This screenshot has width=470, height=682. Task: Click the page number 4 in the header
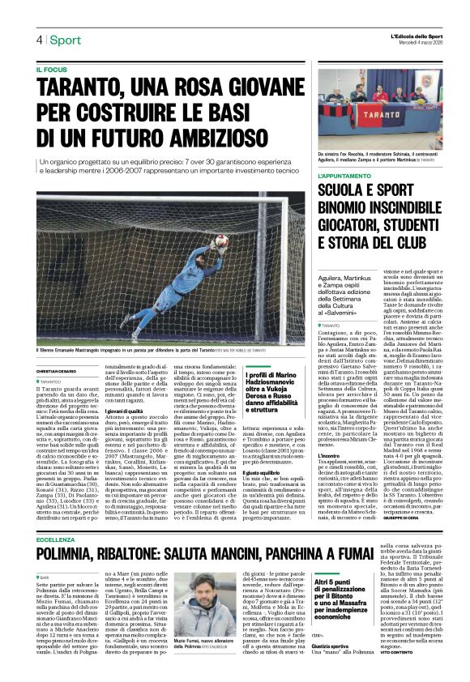(38, 40)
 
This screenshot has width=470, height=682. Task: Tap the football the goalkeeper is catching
(221, 240)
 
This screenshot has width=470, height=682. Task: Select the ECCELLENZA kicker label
(56, 561)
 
